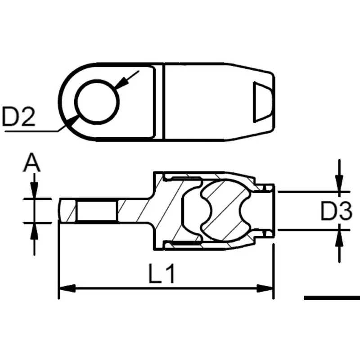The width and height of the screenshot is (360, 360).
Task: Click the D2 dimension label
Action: pos(18,117)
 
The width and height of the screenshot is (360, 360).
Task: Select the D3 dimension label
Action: pos(336,211)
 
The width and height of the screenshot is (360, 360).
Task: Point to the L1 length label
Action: pos(162,274)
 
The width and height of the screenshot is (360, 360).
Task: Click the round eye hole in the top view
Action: pos(97,102)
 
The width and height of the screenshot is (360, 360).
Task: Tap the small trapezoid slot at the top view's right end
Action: pos(262,102)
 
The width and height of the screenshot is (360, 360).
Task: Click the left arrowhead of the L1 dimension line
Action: pos(67,288)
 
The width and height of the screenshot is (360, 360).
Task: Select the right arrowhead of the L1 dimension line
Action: pos(265,288)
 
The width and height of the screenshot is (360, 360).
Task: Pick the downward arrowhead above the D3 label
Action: pos(339,183)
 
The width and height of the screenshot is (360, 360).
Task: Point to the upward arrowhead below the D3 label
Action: pos(339,238)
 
